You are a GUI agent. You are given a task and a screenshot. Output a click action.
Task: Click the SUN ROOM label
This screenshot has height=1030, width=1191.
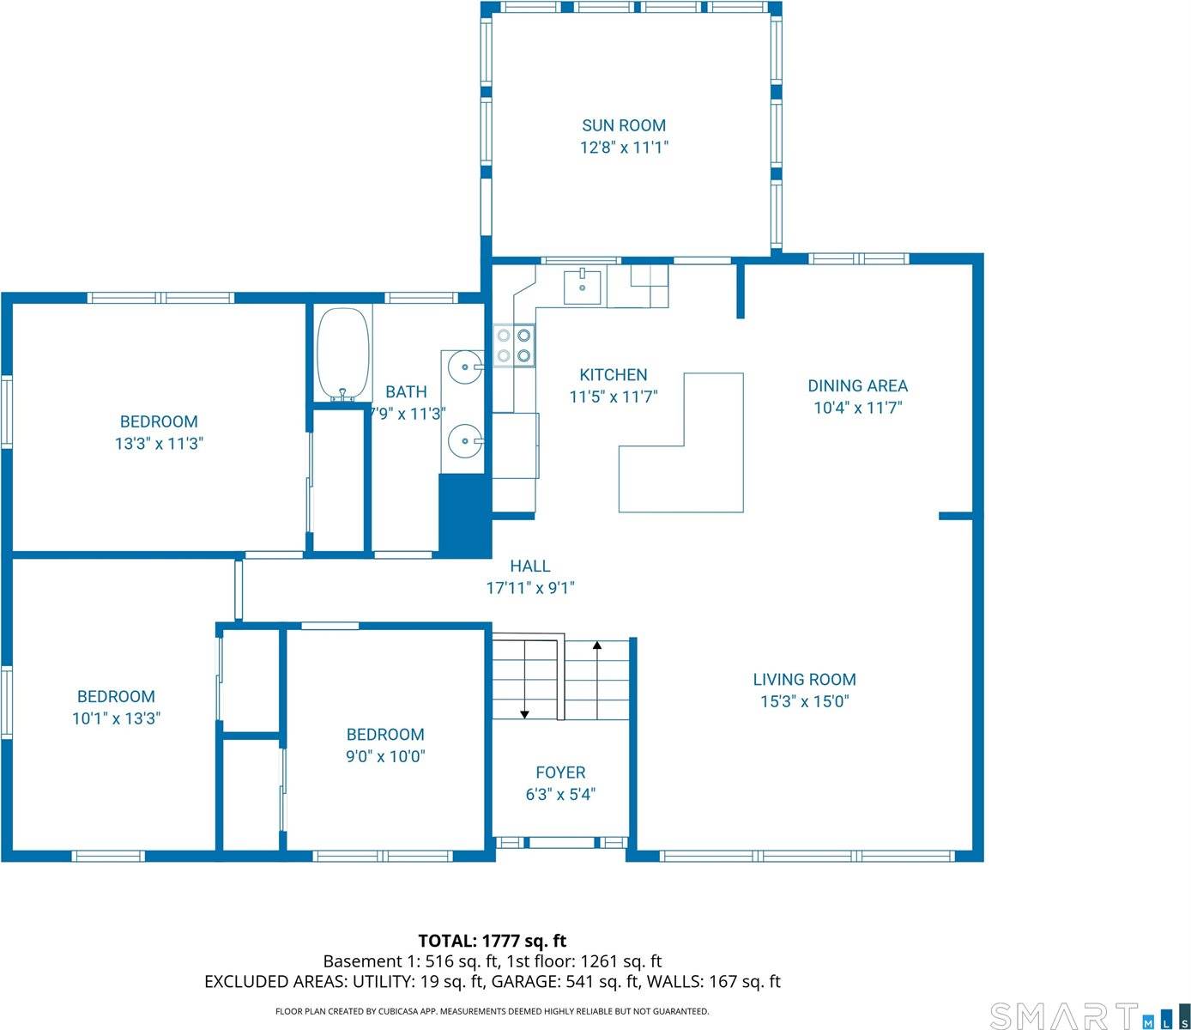pyautogui.click(x=624, y=125)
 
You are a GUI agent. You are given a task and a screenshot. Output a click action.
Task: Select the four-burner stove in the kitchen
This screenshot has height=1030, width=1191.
pyautogui.click(x=514, y=346)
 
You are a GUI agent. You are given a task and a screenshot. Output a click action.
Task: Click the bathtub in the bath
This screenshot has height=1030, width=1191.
pyautogui.click(x=343, y=354)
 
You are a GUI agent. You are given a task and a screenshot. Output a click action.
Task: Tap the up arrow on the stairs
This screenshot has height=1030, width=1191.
pyautogui.click(x=597, y=645)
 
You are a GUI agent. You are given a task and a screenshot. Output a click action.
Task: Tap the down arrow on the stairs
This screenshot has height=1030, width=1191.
pyautogui.click(x=524, y=712)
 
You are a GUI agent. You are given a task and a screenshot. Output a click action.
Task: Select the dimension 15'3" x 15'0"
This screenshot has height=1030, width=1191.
pyautogui.click(x=804, y=701)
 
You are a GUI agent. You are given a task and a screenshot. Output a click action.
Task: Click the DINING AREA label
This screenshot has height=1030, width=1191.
pyautogui.click(x=857, y=386)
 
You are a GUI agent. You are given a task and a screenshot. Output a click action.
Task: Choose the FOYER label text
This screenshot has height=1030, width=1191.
pyautogui.click(x=560, y=772)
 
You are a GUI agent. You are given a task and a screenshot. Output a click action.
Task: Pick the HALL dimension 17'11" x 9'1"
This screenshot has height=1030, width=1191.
pyautogui.click(x=529, y=588)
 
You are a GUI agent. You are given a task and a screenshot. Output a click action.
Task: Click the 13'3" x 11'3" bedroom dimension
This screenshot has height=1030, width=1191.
pyautogui.click(x=159, y=444)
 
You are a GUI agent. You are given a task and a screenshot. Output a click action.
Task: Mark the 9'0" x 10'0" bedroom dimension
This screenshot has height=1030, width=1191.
pyautogui.click(x=385, y=756)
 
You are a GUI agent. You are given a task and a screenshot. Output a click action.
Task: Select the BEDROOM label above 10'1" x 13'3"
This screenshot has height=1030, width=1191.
pyautogui.click(x=116, y=697)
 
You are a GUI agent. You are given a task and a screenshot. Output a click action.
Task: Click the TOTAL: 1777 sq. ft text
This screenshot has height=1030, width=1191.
pyautogui.click(x=492, y=941)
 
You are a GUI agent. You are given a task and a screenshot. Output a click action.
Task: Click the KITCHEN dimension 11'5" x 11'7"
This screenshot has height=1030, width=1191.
pyautogui.click(x=613, y=397)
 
